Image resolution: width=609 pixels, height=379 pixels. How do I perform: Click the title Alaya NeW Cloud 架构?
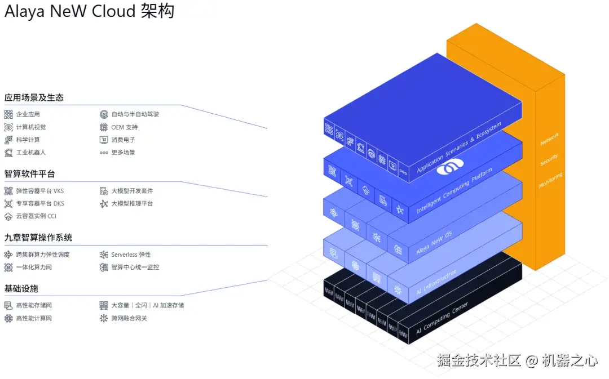[89, 12]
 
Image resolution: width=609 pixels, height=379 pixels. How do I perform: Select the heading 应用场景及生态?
[34, 97]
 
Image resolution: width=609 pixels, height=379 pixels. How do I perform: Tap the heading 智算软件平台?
[29, 174]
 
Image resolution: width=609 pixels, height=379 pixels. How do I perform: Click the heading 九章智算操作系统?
[38, 238]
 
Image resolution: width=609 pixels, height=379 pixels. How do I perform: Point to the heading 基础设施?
[21, 289]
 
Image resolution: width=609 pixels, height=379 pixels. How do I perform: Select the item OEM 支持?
[124, 127]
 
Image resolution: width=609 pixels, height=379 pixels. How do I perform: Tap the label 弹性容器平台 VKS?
[39, 191]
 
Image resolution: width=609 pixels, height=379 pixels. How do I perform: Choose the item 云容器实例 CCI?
[36, 216]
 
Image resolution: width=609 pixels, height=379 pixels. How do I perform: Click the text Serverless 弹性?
[131, 255]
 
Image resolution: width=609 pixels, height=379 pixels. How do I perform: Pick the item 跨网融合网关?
[129, 319]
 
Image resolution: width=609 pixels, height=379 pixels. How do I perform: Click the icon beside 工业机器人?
[8, 153]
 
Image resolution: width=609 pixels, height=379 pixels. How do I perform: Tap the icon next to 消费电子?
[104, 140]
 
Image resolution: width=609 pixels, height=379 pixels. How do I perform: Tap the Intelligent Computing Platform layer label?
[454, 190]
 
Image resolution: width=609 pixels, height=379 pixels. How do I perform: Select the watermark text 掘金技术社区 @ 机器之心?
[517, 360]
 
